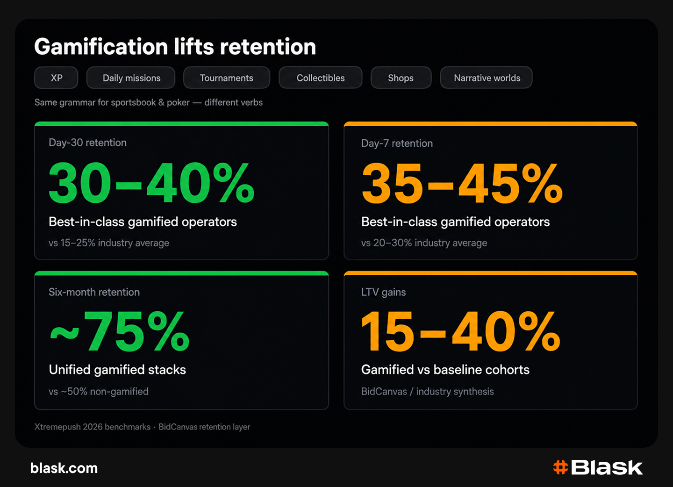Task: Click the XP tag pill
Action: [56, 78]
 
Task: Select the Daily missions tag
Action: [131, 78]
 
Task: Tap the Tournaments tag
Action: [227, 78]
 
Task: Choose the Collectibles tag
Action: [321, 78]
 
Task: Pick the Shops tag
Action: [401, 78]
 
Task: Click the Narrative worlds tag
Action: [487, 78]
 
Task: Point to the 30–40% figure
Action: [151, 183]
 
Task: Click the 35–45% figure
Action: [462, 183]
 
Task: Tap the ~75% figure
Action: [120, 331]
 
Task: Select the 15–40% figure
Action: [461, 331]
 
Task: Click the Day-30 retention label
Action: [87, 143]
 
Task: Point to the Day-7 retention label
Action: [397, 143]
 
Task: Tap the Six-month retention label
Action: [94, 292]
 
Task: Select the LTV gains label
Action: [383, 292]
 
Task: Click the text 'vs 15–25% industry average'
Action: [109, 243]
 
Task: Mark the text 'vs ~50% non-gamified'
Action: [99, 392]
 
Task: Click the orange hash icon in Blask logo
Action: [561, 467]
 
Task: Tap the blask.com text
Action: [64, 468]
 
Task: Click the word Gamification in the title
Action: [101, 47]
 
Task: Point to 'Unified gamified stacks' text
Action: [117, 370]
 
